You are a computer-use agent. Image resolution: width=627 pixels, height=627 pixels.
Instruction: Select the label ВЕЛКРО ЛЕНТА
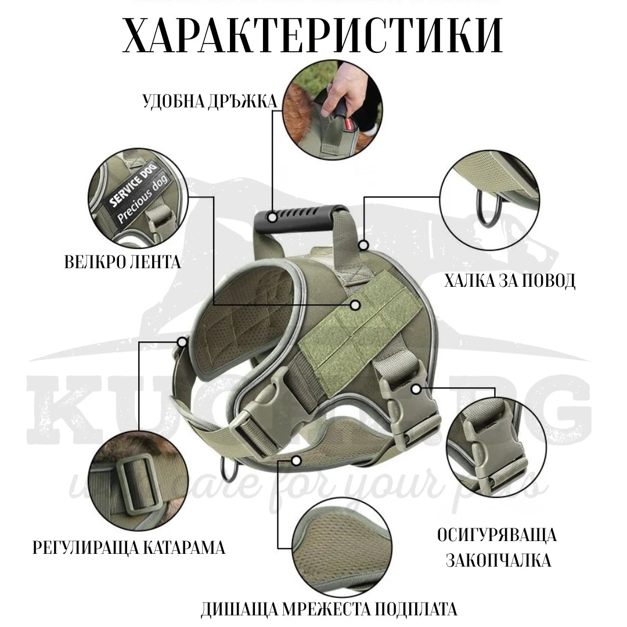click(x=122, y=262)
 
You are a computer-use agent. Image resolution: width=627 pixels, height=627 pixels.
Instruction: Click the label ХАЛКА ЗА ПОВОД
click(x=510, y=281)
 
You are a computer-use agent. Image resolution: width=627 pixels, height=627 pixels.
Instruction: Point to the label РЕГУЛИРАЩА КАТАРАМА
click(x=129, y=547)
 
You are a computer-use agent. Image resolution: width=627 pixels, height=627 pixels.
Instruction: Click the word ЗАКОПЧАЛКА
click(x=498, y=560)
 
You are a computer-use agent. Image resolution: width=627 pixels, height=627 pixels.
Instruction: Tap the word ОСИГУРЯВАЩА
click(x=497, y=535)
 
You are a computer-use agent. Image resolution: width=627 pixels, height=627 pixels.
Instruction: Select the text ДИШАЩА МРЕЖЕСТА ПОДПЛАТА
click(x=329, y=610)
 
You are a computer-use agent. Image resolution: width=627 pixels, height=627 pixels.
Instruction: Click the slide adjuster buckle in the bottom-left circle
click(x=138, y=481)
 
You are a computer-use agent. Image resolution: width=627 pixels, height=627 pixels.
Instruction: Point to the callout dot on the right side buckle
click(x=416, y=388)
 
